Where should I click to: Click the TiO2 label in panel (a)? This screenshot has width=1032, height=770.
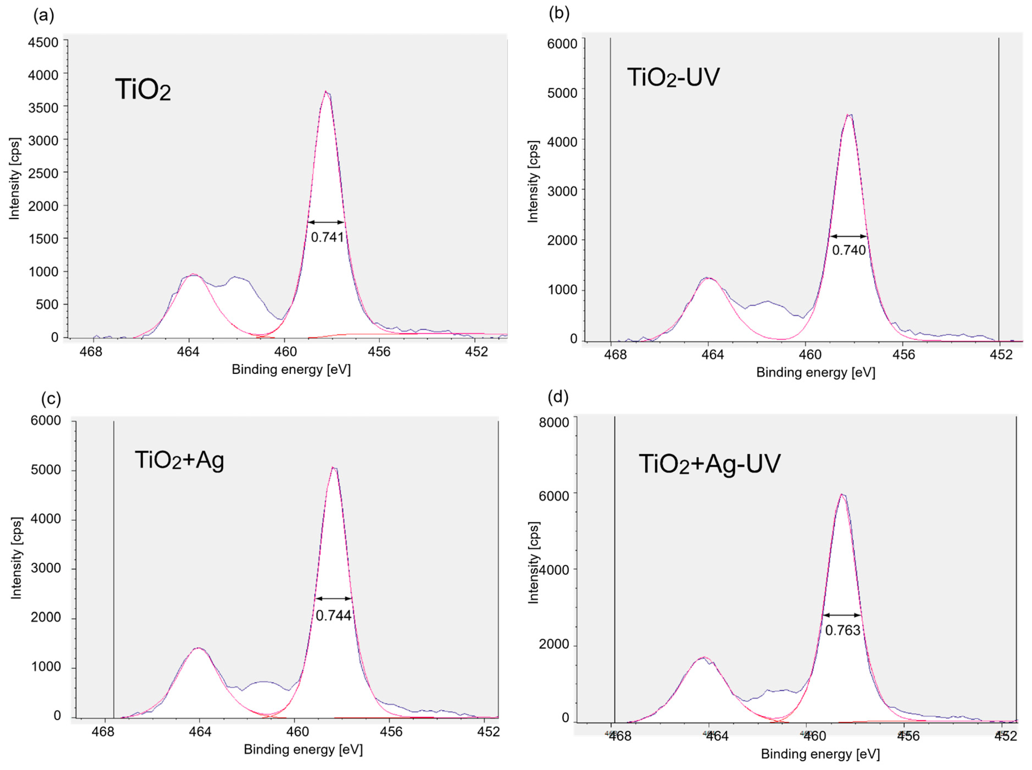143,89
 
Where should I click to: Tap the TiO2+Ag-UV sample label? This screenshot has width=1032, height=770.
709,464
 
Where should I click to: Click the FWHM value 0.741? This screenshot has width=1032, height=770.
327,237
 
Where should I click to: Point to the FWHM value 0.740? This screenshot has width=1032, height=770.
849,250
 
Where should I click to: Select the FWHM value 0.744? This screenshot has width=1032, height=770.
333,616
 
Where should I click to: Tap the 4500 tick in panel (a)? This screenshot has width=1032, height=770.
43,43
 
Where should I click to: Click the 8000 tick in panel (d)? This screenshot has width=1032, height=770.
554,422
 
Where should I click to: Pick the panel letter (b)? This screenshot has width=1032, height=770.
559,14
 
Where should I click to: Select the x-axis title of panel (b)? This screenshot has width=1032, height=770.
816,372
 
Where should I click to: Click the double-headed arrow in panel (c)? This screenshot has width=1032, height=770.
333,598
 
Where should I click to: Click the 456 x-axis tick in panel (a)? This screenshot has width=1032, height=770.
379,352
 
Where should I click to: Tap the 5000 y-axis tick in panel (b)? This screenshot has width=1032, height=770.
562,93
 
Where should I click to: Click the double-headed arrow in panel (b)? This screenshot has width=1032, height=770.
849,236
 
